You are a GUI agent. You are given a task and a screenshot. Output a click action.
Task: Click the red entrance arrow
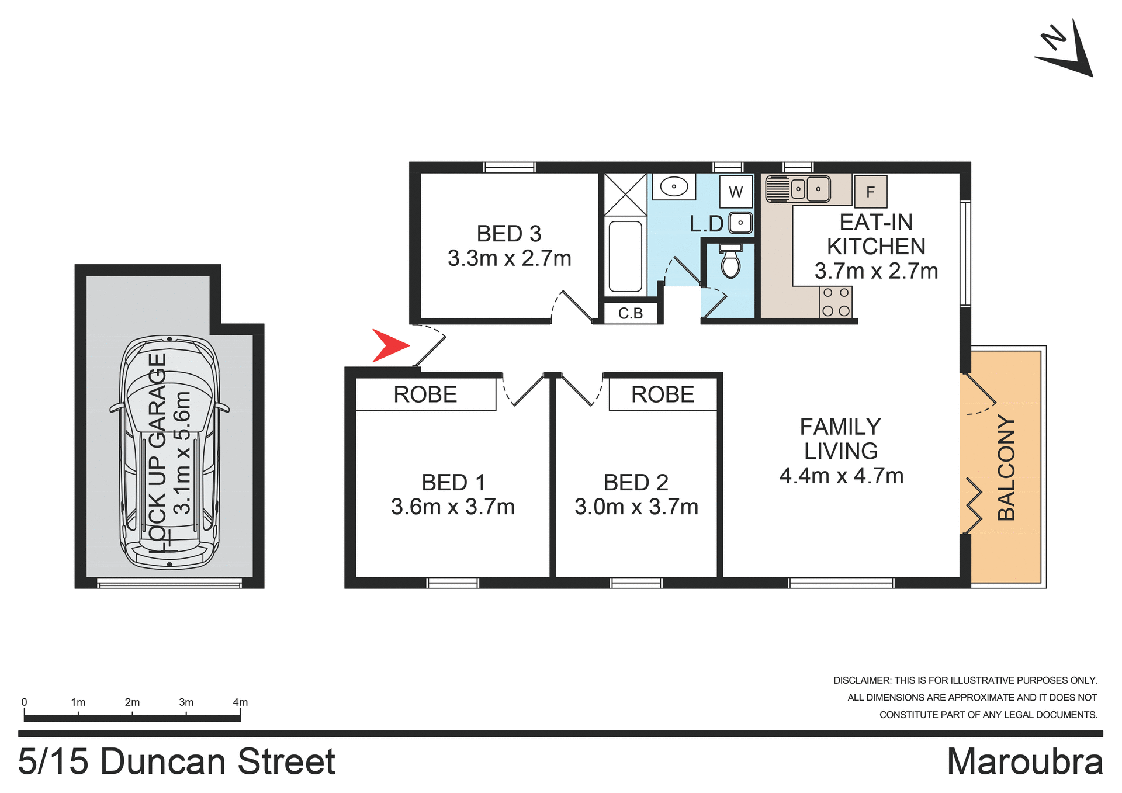pos(390,345)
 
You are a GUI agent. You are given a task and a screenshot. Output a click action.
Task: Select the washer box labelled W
pos(736,192)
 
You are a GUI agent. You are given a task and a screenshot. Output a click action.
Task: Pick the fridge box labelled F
pos(870,192)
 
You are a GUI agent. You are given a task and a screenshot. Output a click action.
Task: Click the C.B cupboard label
pos(631,314)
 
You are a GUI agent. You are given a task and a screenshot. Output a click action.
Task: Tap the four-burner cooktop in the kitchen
pos(836,302)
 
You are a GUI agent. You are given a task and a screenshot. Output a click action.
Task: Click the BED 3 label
pos(509,234)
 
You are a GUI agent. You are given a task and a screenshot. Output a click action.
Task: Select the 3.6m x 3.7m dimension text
pos(453,507)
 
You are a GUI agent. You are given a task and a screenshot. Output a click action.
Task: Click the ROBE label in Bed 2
pos(663,394)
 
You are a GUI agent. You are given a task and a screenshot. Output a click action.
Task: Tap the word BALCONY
pos(1006,468)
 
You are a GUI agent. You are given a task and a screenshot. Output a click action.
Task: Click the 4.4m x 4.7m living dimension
pos(841,476)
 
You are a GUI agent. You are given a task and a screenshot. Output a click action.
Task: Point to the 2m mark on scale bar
pos(132,702)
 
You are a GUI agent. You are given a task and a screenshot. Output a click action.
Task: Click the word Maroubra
pos(1024,761)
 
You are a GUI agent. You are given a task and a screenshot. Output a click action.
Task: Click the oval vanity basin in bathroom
pos(674,187)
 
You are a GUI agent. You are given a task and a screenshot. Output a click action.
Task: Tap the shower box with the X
pos(625,194)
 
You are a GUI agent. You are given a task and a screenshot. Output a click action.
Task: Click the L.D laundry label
pos(706,224)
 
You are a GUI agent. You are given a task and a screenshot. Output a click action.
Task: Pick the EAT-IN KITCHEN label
pos(875,234)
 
